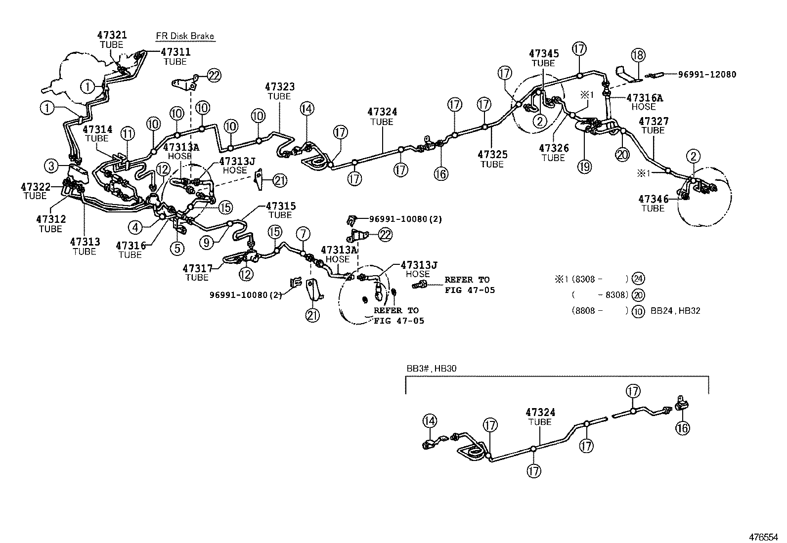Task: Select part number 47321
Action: (112, 35)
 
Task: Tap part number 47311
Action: (175, 52)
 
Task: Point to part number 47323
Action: (279, 87)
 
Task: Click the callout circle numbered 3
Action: (51, 165)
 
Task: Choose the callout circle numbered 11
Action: (128, 133)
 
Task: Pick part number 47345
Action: (544, 53)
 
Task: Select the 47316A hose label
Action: (645, 98)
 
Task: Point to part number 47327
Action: (653, 121)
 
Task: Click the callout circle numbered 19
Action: (585, 167)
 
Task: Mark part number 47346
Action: (653, 199)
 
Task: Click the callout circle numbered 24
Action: (639, 279)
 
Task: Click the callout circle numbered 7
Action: (303, 233)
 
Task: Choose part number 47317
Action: (197, 268)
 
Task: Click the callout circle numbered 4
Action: (135, 227)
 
